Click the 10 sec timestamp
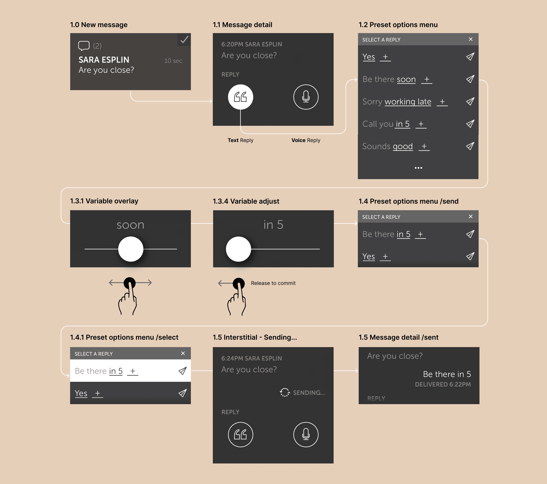173,61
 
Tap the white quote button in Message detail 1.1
240,97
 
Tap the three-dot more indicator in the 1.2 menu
418,168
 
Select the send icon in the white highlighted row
182,371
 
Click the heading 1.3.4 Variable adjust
246,201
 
